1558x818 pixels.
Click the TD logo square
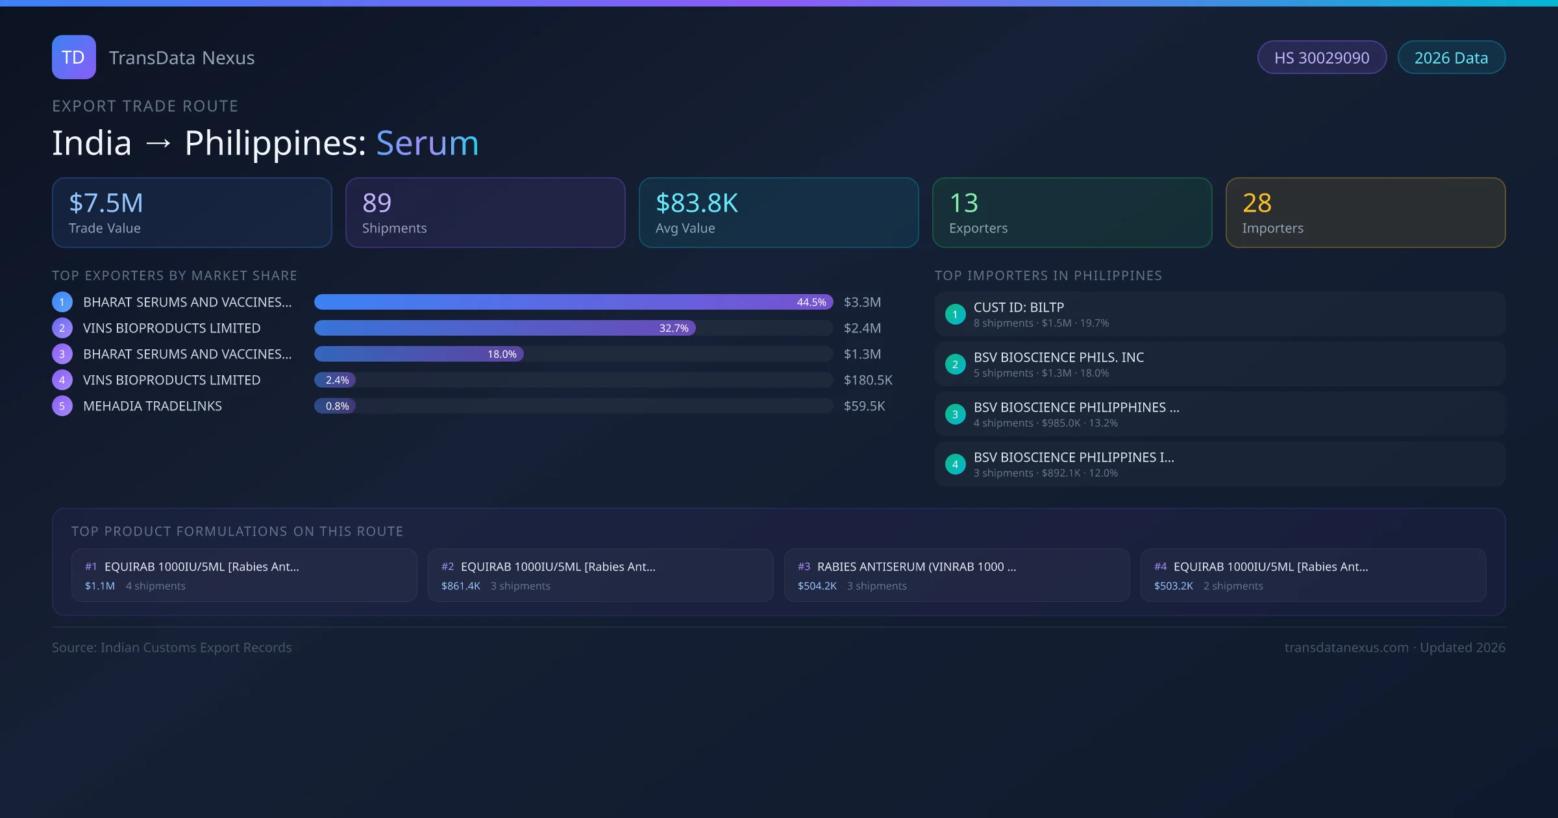(73, 57)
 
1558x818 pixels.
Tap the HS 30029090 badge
(1321, 58)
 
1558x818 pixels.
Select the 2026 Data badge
(1451, 58)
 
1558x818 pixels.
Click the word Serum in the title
(427, 143)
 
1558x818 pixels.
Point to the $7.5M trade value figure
(106, 203)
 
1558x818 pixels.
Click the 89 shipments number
(377, 203)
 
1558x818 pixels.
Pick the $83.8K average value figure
(697, 203)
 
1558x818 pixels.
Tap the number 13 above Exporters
(963, 203)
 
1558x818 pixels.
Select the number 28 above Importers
(1257, 203)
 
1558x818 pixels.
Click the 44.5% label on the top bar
(811, 303)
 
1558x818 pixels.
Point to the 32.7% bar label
(674, 328)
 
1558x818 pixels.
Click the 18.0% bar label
(502, 354)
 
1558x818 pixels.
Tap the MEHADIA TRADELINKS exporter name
(153, 406)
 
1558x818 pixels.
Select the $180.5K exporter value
(868, 380)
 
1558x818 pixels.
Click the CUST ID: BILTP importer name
(1019, 308)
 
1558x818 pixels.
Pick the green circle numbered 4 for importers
(955, 465)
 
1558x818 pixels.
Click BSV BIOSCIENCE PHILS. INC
(1058, 358)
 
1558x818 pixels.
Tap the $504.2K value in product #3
(817, 586)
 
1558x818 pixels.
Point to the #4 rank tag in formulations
(1160, 567)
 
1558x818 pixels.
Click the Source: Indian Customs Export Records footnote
(172, 648)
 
